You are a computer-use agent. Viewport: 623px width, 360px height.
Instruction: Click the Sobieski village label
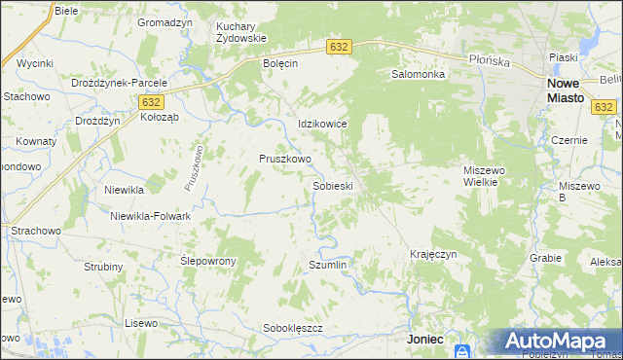pyautogui.click(x=332, y=185)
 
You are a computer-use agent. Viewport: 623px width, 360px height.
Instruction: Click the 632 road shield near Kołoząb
pyautogui.click(x=150, y=101)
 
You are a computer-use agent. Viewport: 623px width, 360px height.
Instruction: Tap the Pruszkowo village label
pyautogui.click(x=284, y=159)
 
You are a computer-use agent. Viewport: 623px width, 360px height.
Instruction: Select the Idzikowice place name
pyautogui.click(x=322, y=126)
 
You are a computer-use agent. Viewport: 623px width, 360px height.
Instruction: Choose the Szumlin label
pyautogui.click(x=327, y=265)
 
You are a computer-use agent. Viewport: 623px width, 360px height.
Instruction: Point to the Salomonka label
pyautogui.click(x=418, y=74)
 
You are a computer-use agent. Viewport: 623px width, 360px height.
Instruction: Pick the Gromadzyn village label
pyautogui.click(x=165, y=22)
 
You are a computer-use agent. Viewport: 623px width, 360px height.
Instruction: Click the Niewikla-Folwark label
pyautogui.click(x=150, y=216)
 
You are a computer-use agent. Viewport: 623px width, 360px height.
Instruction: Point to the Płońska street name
pyautogui.click(x=489, y=60)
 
